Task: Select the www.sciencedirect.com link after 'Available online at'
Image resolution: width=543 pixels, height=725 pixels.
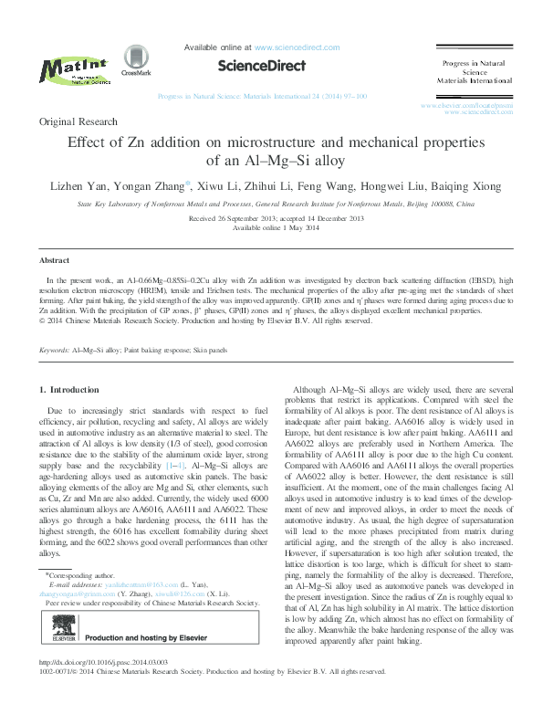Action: [297, 47]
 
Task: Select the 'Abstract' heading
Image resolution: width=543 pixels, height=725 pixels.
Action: [55, 260]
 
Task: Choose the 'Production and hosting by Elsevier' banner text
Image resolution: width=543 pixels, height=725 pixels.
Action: [146, 641]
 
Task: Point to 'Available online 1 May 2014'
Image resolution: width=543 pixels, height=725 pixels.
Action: [271, 228]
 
